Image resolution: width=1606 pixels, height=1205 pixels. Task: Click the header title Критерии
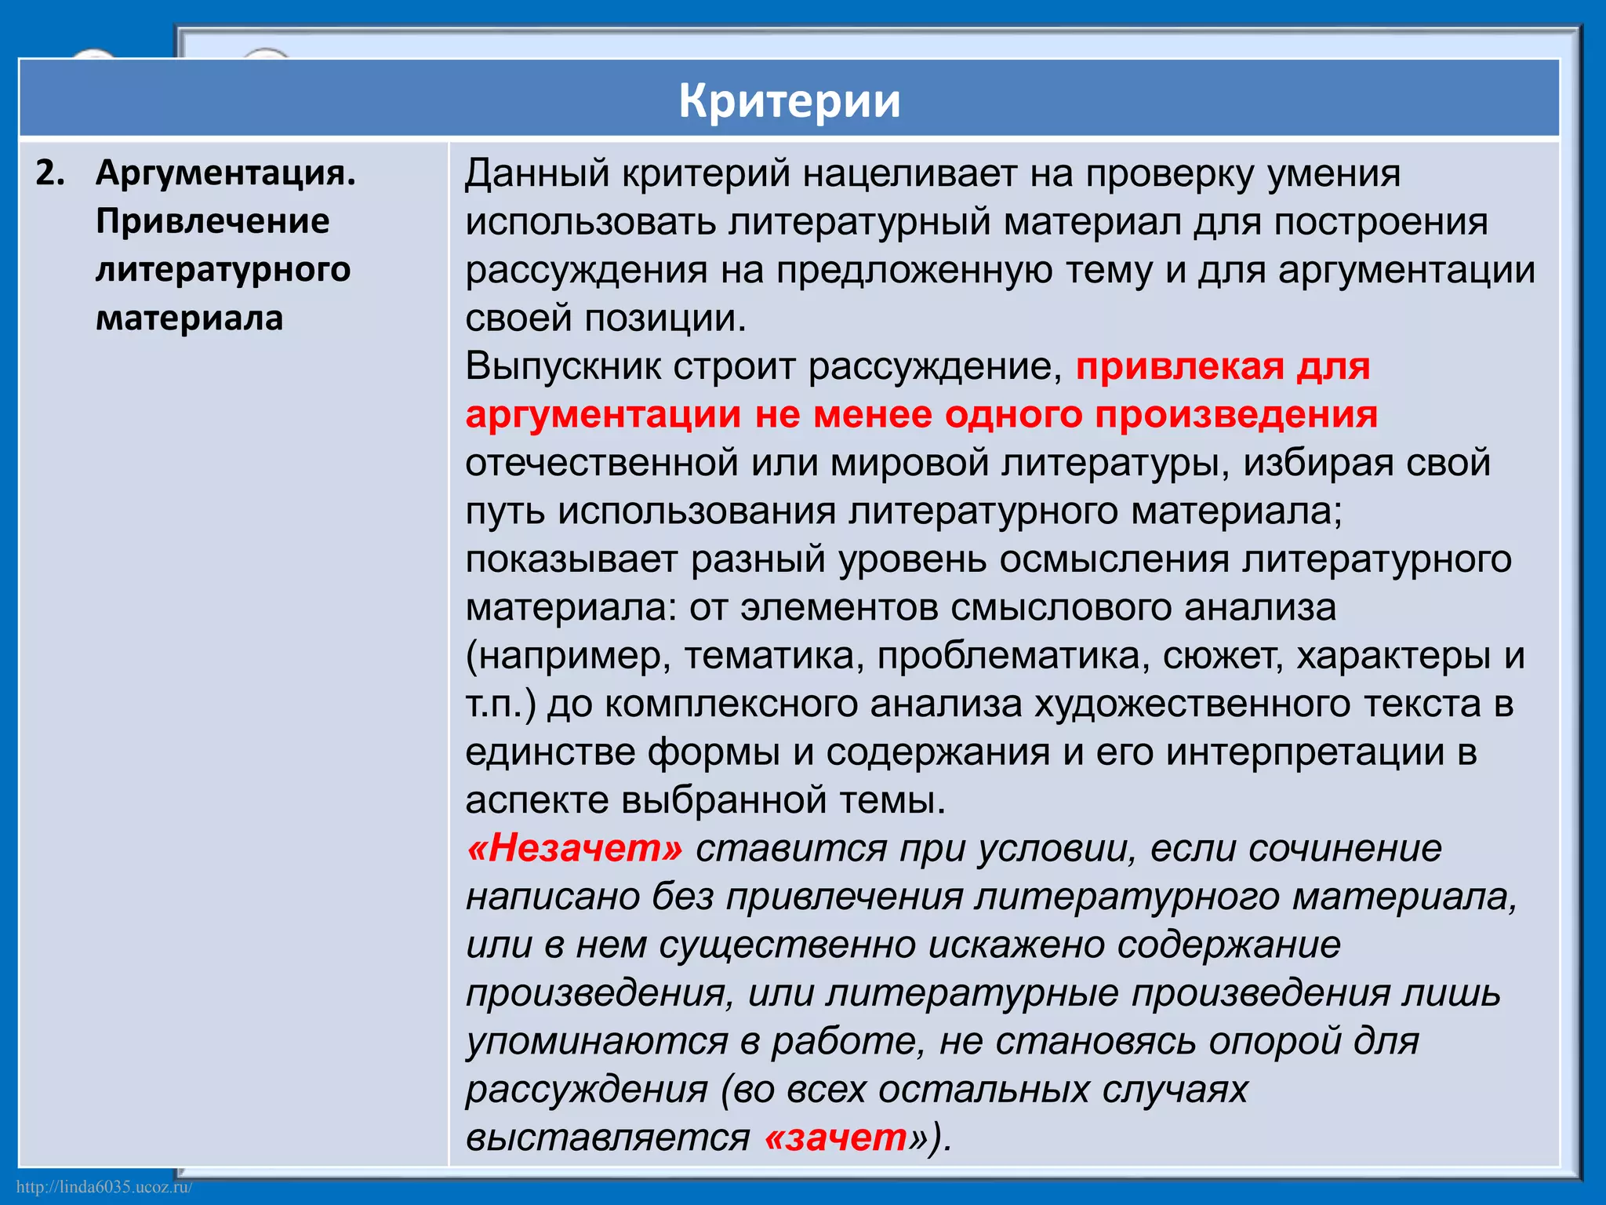789,100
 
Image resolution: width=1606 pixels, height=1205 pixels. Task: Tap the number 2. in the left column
49,173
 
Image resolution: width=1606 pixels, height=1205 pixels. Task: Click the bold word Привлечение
213,221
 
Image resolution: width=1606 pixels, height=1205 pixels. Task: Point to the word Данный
537,173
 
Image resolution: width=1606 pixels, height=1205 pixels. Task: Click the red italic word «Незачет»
575,849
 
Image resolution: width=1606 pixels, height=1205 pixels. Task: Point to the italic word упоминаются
597,1042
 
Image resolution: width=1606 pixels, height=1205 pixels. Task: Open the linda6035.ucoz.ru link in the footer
104,1187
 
